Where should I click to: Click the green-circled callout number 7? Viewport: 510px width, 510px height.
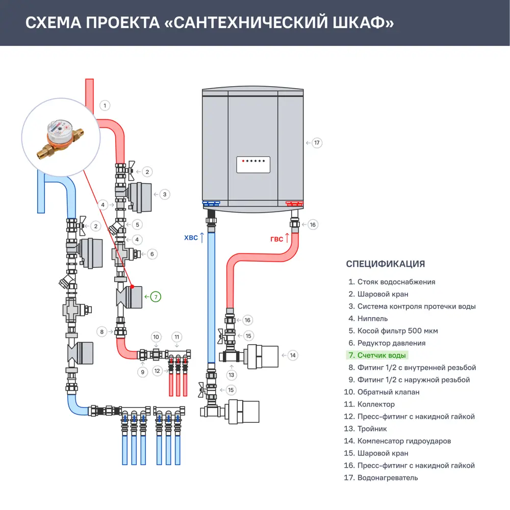coord(156,296)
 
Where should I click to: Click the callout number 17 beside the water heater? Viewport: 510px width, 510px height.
coord(317,143)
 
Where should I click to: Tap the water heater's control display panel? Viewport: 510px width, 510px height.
coord(253,165)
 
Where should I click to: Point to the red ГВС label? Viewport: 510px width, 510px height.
coord(276,238)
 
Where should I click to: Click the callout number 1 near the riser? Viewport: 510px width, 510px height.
coord(105,106)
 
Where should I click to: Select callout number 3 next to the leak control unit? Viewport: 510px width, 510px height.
coord(164,194)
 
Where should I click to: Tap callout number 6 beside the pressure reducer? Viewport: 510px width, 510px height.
coord(151,253)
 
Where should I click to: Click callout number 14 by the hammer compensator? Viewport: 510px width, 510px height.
coord(292,355)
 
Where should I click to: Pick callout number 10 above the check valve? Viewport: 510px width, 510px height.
coord(157,337)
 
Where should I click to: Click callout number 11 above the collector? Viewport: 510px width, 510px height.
coord(177,337)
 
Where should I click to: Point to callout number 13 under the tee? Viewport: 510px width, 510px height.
coord(232,375)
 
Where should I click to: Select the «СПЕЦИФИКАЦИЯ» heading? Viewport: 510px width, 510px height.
coord(385,264)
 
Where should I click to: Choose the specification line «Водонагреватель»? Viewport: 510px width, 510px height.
coord(387,478)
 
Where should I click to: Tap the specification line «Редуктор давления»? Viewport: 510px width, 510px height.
coord(391,343)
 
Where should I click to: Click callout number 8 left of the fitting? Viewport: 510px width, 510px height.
coord(102,332)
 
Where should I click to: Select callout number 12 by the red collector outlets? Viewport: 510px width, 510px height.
coord(157,371)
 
